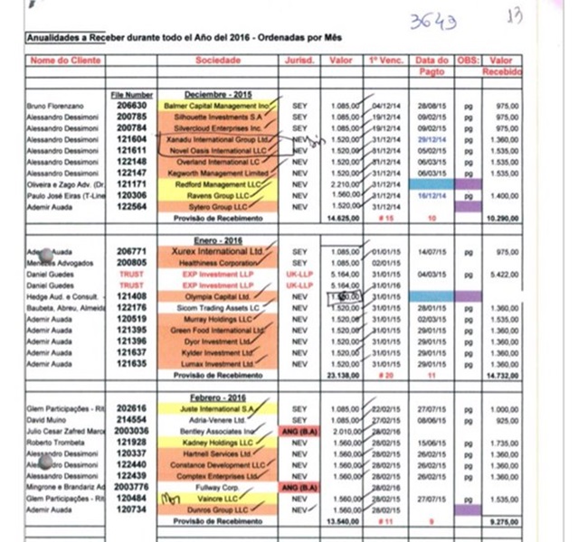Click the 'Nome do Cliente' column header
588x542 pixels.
coord(60,61)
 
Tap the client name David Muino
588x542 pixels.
coord(41,420)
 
